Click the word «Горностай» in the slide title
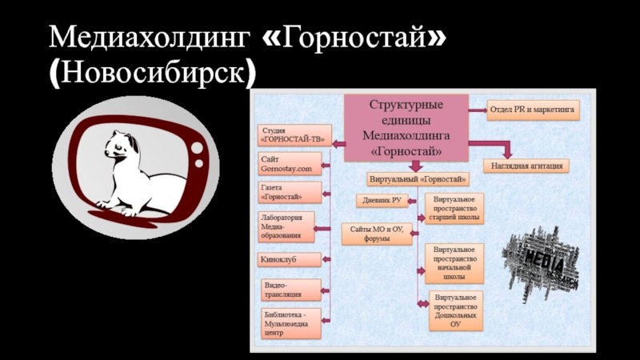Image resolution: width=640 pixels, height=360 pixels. coord(365,36)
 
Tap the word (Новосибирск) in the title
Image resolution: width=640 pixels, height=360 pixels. coord(153,73)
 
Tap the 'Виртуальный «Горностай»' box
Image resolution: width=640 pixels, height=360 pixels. coord(418,178)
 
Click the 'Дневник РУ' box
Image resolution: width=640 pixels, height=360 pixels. coord(382,200)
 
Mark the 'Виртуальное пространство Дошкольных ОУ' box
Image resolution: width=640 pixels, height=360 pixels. coord(455,310)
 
